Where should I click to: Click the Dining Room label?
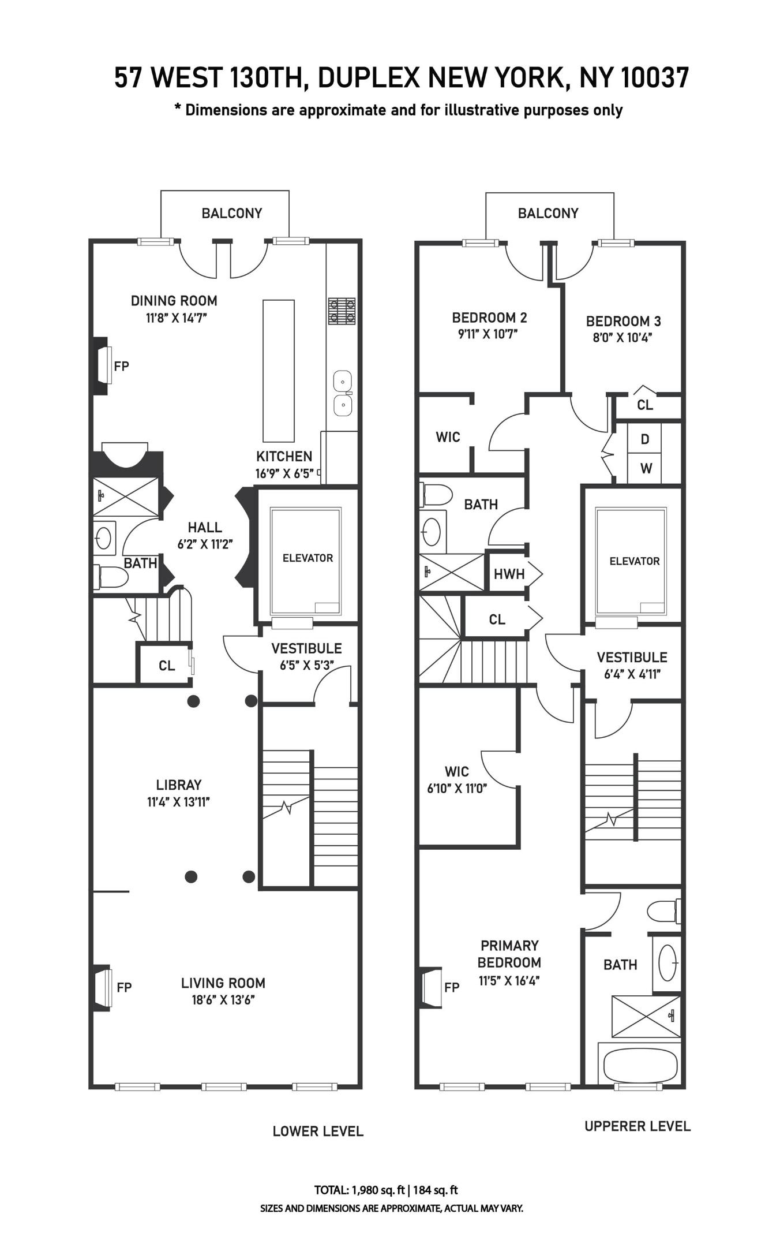(x=174, y=300)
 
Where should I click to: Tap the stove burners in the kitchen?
(x=342, y=311)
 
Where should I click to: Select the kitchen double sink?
(x=343, y=393)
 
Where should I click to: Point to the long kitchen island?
(x=279, y=371)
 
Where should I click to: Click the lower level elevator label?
(x=307, y=558)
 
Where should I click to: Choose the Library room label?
(x=179, y=785)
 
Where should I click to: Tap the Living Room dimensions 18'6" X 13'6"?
(x=223, y=1000)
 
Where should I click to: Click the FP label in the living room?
(x=124, y=987)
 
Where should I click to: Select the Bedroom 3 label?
(x=623, y=321)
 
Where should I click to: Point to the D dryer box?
(x=645, y=439)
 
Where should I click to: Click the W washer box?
(x=645, y=468)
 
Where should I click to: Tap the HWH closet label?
(x=509, y=574)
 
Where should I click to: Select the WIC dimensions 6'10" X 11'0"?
(x=457, y=789)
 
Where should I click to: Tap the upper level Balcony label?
(x=548, y=213)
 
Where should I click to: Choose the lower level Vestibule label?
(x=306, y=648)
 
